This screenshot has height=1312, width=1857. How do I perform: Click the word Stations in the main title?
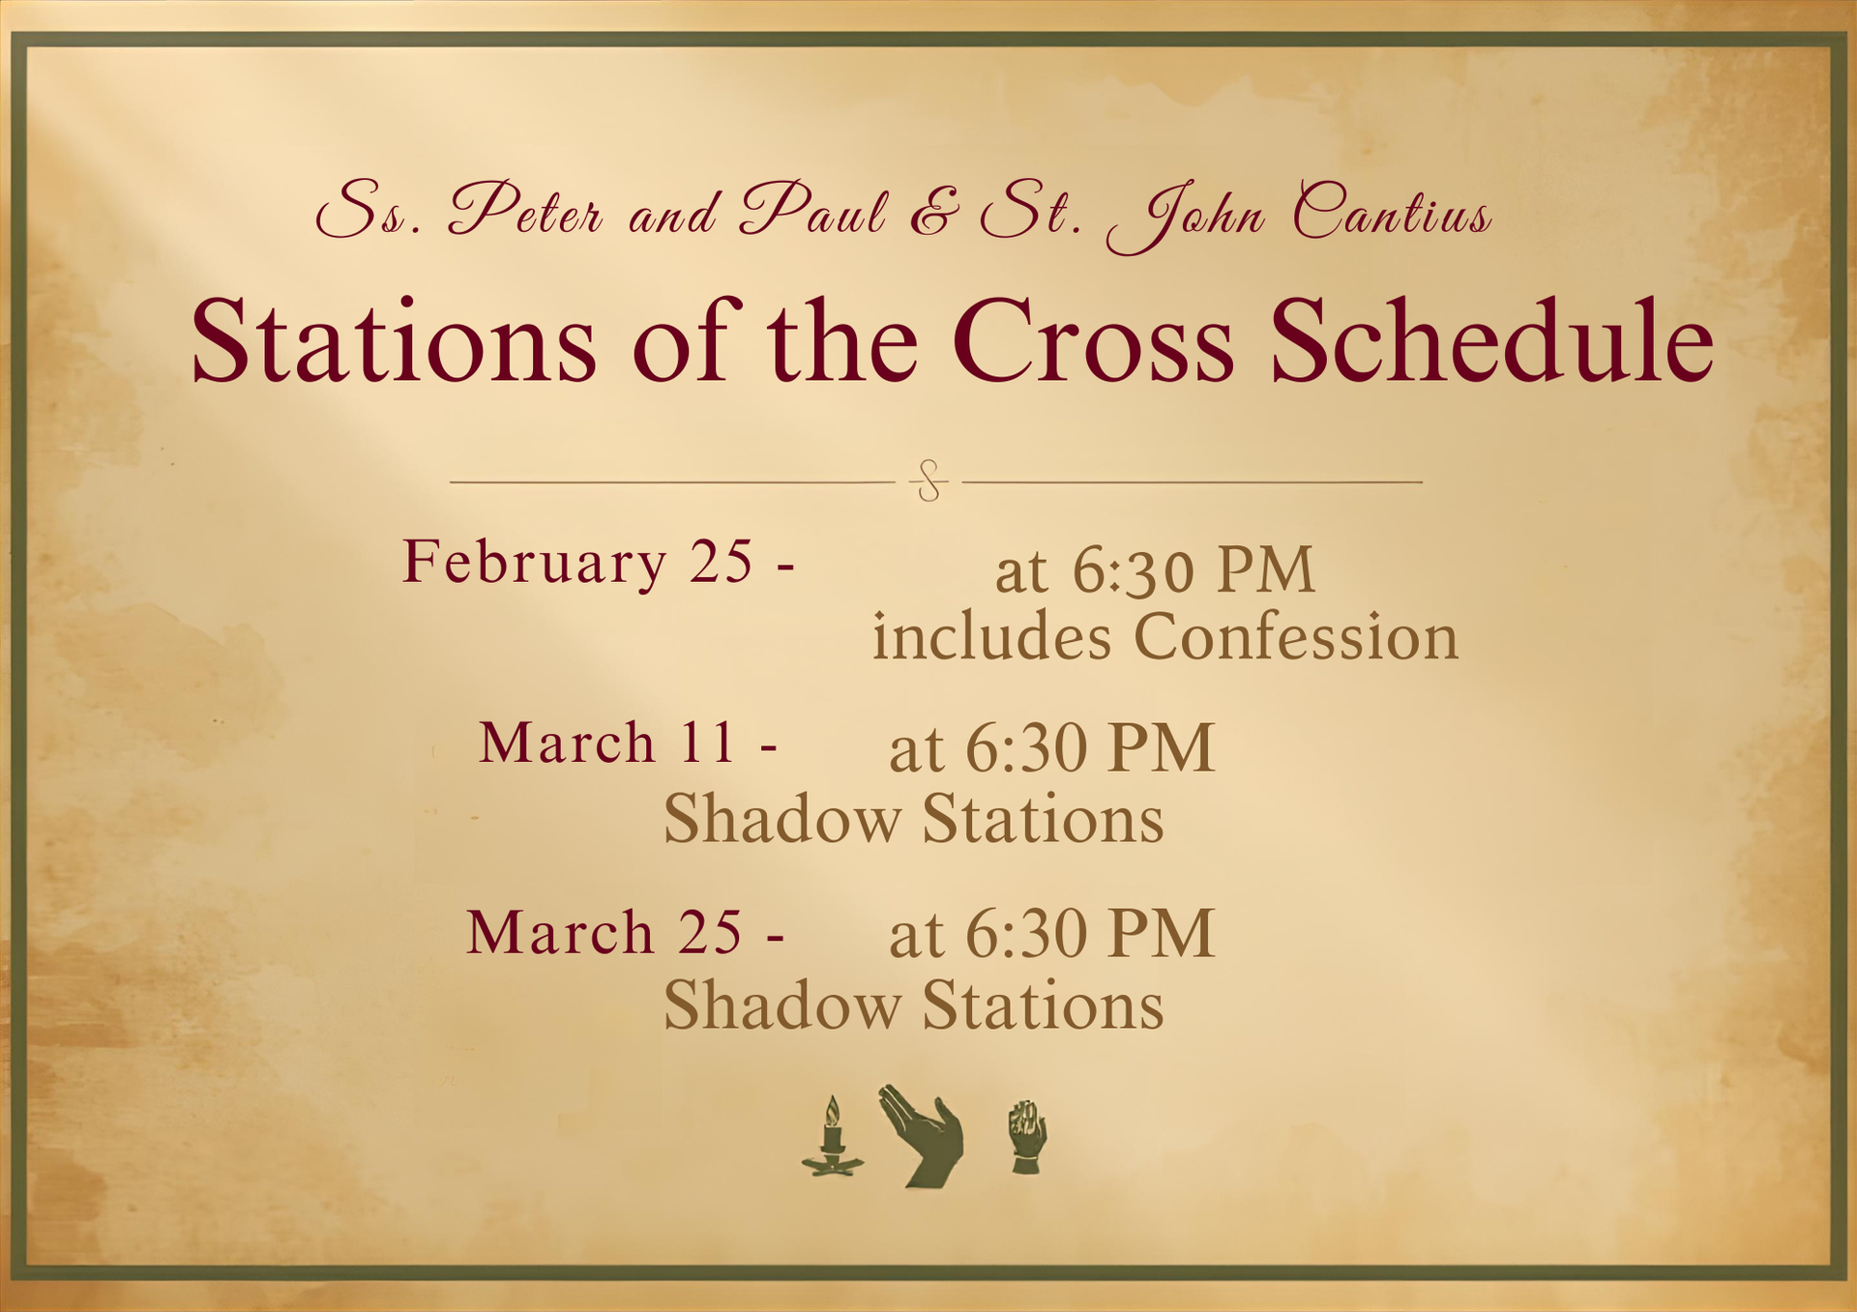pyautogui.click(x=394, y=340)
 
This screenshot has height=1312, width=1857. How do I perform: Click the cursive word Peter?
pyautogui.click(x=525, y=210)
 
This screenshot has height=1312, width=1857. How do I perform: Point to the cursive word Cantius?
pyautogui.click(x=1393, y=210)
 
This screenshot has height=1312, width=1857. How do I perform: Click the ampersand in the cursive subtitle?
pyautogui.click(x=935, y=212)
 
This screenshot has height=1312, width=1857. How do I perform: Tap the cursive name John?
pyautogui.click(x=1186, y=218)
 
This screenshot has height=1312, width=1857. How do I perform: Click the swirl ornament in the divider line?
pyautogui.click(x=929, y=481)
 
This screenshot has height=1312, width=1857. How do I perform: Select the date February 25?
pyautogui.click(x=577, y=563)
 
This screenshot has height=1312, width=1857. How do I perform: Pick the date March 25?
pyautogui.click(x=604, y=932)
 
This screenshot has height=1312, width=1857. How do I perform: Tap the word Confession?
pyautogui.click(x=1295, y=636)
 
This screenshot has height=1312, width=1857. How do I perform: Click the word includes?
pyautogui.click(x=991, y=636)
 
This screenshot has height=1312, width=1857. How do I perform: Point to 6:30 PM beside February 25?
pyautogui.click(x=1194, y=569)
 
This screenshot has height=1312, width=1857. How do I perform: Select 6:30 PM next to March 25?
pyautogui.click(x=1090, y=934)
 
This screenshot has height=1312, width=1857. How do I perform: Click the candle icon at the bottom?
pyautogui.click(x=832, y=1137)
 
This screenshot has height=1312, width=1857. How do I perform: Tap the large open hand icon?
pyautogui.click(x=923, y=1136)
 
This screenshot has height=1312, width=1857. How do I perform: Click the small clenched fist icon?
pyautogui.click(x=1026, y=1137)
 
